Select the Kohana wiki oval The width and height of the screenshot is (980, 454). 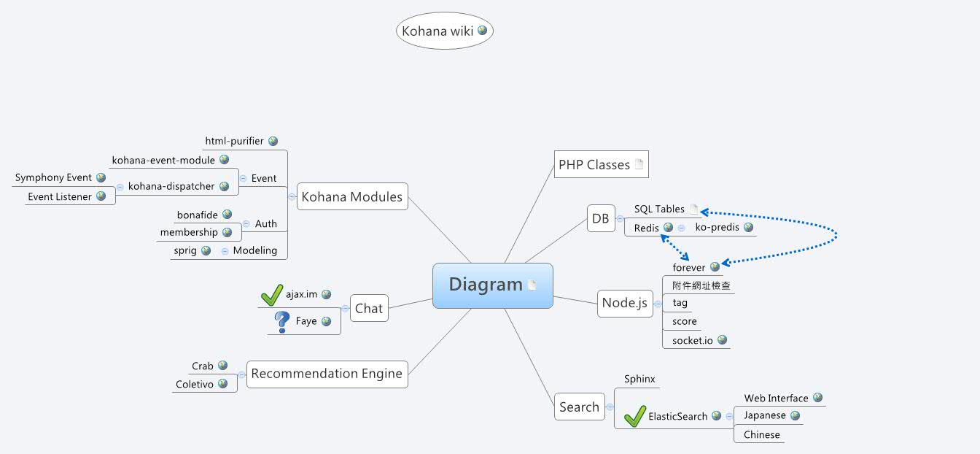[x=445, y=31]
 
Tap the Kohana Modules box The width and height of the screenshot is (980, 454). [x=351, y=196]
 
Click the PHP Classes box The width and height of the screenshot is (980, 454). [x=601, y=165]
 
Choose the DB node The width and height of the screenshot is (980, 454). [x=601, y=218]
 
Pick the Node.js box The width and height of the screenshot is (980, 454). [x=624, y=304]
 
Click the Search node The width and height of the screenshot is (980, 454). [x=579, y=407]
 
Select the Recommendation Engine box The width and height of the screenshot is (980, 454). [x=327, y=374]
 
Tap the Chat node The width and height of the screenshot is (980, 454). [x=369, y=308]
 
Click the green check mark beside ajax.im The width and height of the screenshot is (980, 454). [x=271, y=294]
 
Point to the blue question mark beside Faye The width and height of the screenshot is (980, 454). [x=282, y=321]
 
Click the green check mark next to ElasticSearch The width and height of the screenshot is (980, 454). [x=635, y=416]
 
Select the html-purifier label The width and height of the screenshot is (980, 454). [x=234, y=141]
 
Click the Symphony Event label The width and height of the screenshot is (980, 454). [x=53, y=177]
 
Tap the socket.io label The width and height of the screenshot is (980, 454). [x=693, y=340]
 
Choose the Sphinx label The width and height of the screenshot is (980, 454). [x=639, y=379]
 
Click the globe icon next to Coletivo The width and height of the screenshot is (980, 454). [x=222, y=383]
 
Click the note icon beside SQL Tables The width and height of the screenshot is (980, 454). [x=693, y=209]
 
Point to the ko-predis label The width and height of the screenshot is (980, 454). [x=717, y=227]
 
